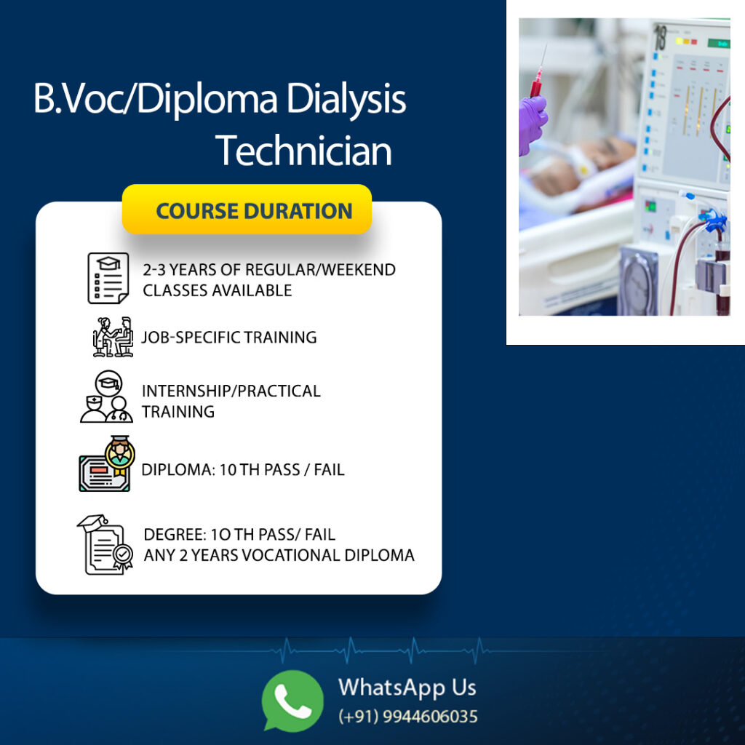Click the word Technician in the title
point(303,151)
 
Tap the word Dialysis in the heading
point(346,99)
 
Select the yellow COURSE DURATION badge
point(247,210)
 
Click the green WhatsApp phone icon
point(292,701)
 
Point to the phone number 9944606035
point(430,716)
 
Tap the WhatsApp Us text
point(407,688)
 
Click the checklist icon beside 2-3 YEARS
point(108,278)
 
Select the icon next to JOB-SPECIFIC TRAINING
point(113,336)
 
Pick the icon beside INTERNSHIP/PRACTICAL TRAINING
point(106,397)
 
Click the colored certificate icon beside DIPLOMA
point(106,463)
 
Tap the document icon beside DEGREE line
point(105,544)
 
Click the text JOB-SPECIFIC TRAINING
point(229,337)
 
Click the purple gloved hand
point(533,124)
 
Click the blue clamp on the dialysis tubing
point(713,220)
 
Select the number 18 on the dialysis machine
point(661,38)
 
